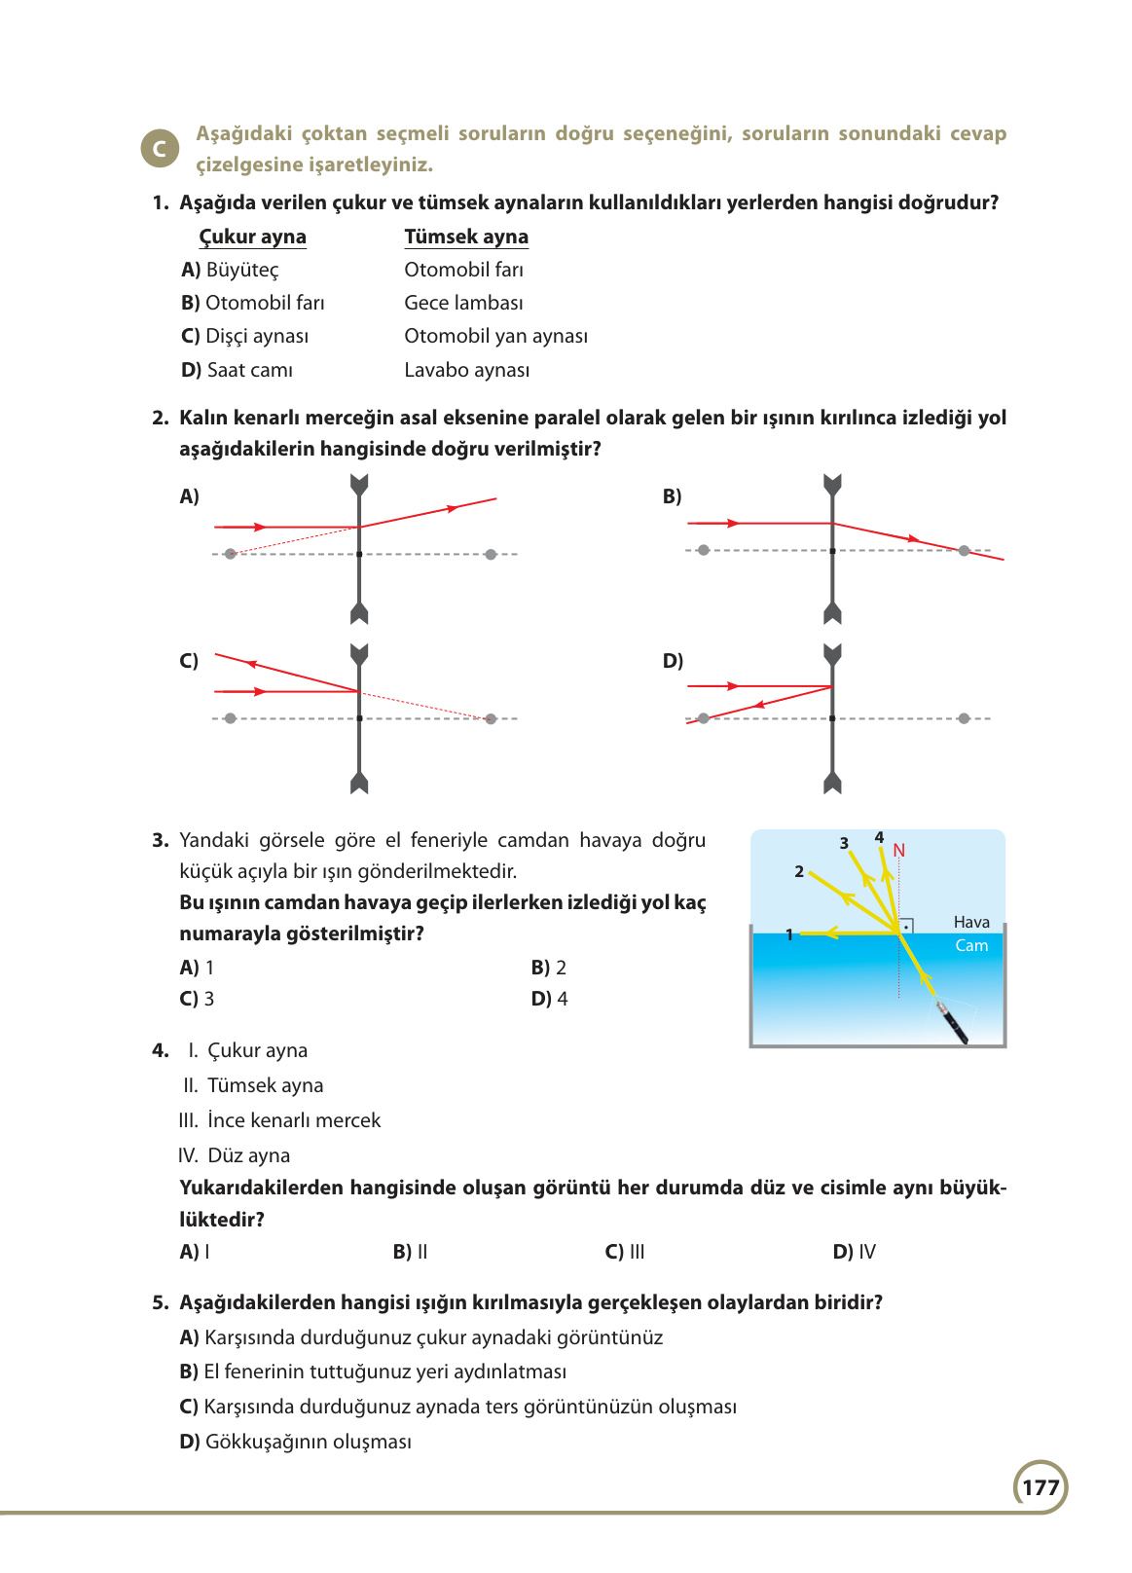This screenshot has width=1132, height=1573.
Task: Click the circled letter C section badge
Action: [x=160, y=149]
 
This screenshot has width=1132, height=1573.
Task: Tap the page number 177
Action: [x=1041, y=1487]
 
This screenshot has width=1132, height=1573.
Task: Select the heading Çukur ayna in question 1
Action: [x=252, y=237]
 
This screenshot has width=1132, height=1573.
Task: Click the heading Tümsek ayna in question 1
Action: [x=466, y=237]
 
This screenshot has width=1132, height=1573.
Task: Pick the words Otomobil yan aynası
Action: [x=495, y=336]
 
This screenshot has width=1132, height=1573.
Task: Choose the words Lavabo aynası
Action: [x=466, y=370]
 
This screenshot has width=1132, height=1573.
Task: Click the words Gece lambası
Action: [x=463, y=303]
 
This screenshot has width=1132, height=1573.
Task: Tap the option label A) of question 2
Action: [x=189, y=496]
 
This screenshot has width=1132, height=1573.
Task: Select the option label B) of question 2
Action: [x=672, y=496]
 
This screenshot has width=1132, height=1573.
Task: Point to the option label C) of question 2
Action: [x=189, y=661]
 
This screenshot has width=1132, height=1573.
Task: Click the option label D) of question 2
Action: [x=673, y=661]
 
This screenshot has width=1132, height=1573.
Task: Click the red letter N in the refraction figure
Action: [x=898, y=851]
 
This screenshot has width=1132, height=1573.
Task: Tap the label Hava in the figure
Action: [x=971, y=922]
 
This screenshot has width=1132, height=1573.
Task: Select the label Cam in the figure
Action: [x=971, y=945]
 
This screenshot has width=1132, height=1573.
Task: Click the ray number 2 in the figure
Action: [x=799, y=871]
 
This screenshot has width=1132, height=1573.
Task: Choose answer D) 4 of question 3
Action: [x=549, y=999]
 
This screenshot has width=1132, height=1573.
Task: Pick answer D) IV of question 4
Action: [x=854, y=1252]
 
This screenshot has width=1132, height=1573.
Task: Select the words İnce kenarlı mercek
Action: [x=293, y=1120]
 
